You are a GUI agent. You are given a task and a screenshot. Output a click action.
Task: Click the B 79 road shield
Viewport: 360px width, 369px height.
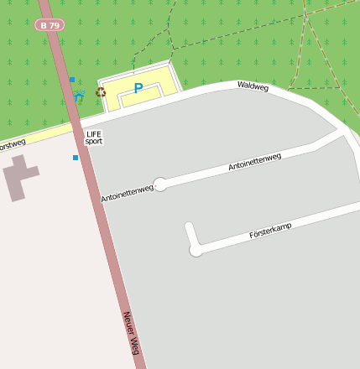[50, 25]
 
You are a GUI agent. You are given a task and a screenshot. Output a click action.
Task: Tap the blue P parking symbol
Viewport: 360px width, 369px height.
[138, 88]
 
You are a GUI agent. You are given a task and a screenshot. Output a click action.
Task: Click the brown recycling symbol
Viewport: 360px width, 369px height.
[101, 92]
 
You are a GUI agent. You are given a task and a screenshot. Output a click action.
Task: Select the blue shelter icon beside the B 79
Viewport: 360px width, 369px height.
[79, 97]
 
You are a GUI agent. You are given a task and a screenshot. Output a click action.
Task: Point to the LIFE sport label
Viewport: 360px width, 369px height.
[93, 138]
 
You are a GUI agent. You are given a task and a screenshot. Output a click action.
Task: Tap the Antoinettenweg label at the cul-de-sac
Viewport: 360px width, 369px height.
[127, 194]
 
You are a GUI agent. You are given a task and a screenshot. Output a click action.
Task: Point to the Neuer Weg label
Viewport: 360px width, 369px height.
[129, 332]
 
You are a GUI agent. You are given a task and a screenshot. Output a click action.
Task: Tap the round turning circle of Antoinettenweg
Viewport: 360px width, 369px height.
[159, 184]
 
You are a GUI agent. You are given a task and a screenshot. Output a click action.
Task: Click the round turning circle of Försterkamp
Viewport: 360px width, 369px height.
[196, 249]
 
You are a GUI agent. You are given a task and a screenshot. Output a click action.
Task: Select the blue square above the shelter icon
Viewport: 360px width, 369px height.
[72, 80]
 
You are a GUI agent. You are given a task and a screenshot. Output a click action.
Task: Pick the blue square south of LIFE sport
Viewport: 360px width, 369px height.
[76, 158]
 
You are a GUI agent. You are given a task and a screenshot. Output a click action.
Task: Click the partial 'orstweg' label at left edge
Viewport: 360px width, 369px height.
[12, 144]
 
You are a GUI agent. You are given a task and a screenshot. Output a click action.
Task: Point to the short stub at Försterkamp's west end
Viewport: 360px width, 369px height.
[190, 234]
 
